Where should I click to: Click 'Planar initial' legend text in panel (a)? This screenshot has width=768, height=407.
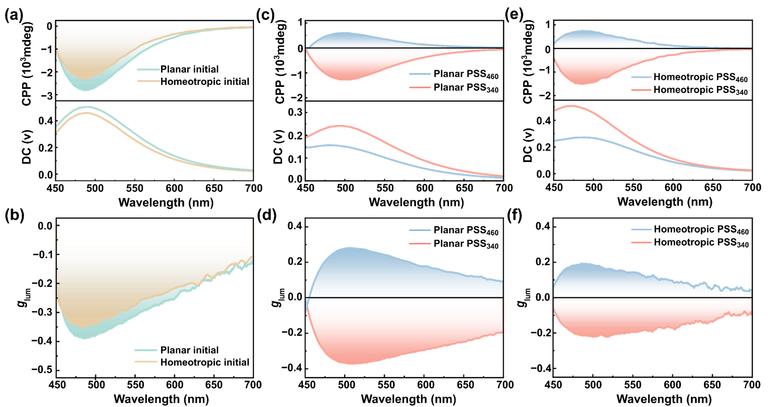point(189,69)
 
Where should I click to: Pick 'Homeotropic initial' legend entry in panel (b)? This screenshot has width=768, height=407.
point(205,362)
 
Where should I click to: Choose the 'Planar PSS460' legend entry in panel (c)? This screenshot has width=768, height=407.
point(466,74)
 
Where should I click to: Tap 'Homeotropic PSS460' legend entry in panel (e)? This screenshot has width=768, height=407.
point(701,77)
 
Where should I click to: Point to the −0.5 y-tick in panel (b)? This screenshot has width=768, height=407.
point(42,370)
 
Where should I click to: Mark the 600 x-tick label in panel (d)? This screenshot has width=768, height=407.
point(426,385)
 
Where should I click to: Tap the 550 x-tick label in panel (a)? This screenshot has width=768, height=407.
point(135,188)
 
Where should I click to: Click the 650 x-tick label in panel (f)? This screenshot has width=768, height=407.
point(712,385)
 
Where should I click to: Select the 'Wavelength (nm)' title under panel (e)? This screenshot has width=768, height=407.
point(664,202)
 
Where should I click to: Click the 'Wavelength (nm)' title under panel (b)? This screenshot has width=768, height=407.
point(161,399)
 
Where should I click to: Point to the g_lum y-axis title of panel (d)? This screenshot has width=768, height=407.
point(278,297)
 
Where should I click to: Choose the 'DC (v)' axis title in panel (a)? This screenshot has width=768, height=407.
point(27,146)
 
